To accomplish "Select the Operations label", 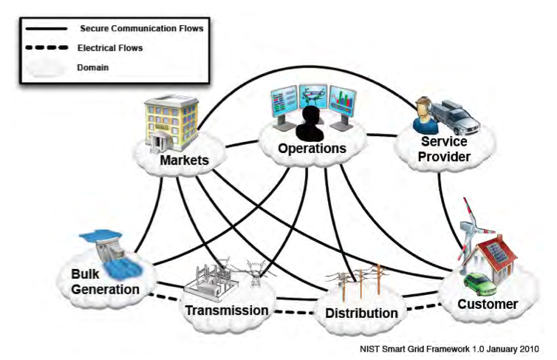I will tap(312, 149).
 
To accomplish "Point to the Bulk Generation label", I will tap(106, 282).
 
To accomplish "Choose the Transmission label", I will tap(225, 310).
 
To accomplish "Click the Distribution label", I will tap(361, 313).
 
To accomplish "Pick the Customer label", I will tap(487, 304).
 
